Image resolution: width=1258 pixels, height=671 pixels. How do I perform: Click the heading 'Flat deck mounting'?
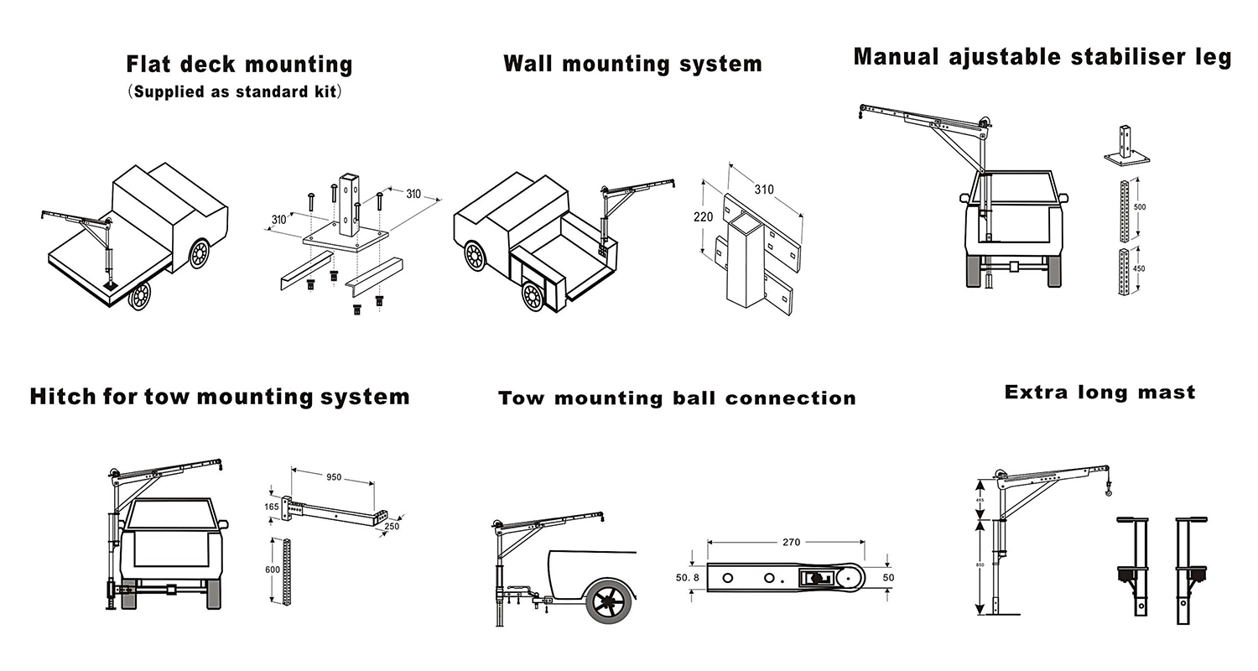(239, 65)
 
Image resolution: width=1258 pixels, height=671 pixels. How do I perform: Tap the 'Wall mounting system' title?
(632, 64)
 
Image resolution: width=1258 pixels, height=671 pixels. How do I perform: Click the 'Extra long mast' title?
(1099, 392)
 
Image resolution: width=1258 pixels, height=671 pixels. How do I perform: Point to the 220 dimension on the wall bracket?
(704, 217)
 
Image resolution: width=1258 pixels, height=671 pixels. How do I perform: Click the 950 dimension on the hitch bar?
(333, 477)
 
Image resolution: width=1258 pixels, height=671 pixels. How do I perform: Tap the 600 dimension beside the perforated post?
(273, 570)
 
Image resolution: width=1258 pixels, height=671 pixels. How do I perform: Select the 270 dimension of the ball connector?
(791, 543)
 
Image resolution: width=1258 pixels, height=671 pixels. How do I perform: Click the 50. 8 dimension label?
(687, 578)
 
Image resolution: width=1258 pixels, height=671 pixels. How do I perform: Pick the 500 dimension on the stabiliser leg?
(1140, 206)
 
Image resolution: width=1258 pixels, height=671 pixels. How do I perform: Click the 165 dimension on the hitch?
(272, 507)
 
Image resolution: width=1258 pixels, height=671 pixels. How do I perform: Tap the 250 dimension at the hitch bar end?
(392, 526)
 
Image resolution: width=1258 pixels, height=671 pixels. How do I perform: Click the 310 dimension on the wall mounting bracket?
(764, 190)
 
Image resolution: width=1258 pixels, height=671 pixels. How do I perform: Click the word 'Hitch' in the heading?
(63, 396)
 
